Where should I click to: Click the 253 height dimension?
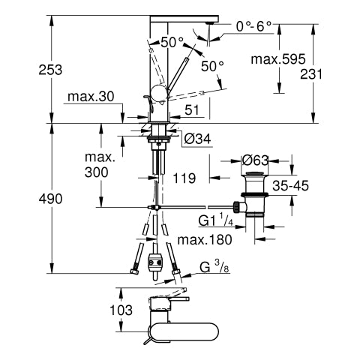pyautogui.click(x=50, y=70)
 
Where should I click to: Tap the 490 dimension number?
pyautogui.click(x=50, y=199)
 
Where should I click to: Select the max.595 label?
pyautogui.click(x=278, y=59)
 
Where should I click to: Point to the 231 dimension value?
pyautogui.click(x=311, y=74)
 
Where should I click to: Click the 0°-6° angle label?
pyautogui.click(x=253, y=26)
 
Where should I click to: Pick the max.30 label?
pyautogui.click(x=91, y=97)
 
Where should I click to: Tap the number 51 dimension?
pyautogui.click(x=192, y=110)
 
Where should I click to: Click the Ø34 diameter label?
pyautogui.click(x=197, y=139)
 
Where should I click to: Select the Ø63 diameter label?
pyautogui.click(x=255, y=160)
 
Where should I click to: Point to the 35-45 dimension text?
pyautogui.click(x=290, y=185)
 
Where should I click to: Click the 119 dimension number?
pyautogui.click(x=184, y=178)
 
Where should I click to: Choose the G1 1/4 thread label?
pyautogui.click(x=216, y=220)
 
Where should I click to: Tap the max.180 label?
pyautogui.click(x=205, y=240)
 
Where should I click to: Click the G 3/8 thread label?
pyautogui.click(x=214, y=268)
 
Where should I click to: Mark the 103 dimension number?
pyautogui.click(x=121, y=310)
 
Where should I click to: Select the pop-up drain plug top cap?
pyautogui.click(x=254, y=173)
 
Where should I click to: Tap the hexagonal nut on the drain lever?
pyautogui.click(x=236, y=206)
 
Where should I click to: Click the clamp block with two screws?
pyautogui.click(x=155, y=262)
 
